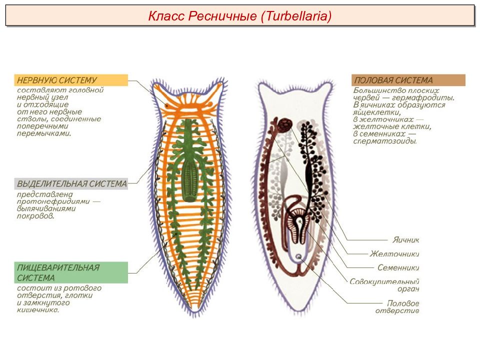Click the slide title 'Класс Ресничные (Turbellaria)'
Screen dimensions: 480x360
pos(239,16)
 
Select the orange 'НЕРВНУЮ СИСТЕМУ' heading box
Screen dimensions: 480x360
pos(71,80)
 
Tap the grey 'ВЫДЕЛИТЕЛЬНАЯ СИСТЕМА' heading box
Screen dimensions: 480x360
pos(71,183)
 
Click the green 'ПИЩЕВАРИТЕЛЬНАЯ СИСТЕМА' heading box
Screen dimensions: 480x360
pos(71,272)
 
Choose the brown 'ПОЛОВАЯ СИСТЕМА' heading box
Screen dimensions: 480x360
pos(408,80)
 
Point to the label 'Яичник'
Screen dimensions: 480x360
pos(405,239)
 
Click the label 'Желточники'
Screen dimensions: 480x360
pos(394,254)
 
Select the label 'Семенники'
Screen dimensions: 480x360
pos(398,268)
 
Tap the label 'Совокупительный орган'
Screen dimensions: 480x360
pos(384,285)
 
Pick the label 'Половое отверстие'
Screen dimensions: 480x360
pos(397,306)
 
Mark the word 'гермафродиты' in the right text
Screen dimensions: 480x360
pos(423,98)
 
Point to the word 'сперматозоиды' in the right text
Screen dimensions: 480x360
pos(385,141)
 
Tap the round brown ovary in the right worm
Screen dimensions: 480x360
pos(285,124)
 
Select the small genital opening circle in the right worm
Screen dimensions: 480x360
pos(298,256)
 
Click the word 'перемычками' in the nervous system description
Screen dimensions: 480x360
pos(44,133)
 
